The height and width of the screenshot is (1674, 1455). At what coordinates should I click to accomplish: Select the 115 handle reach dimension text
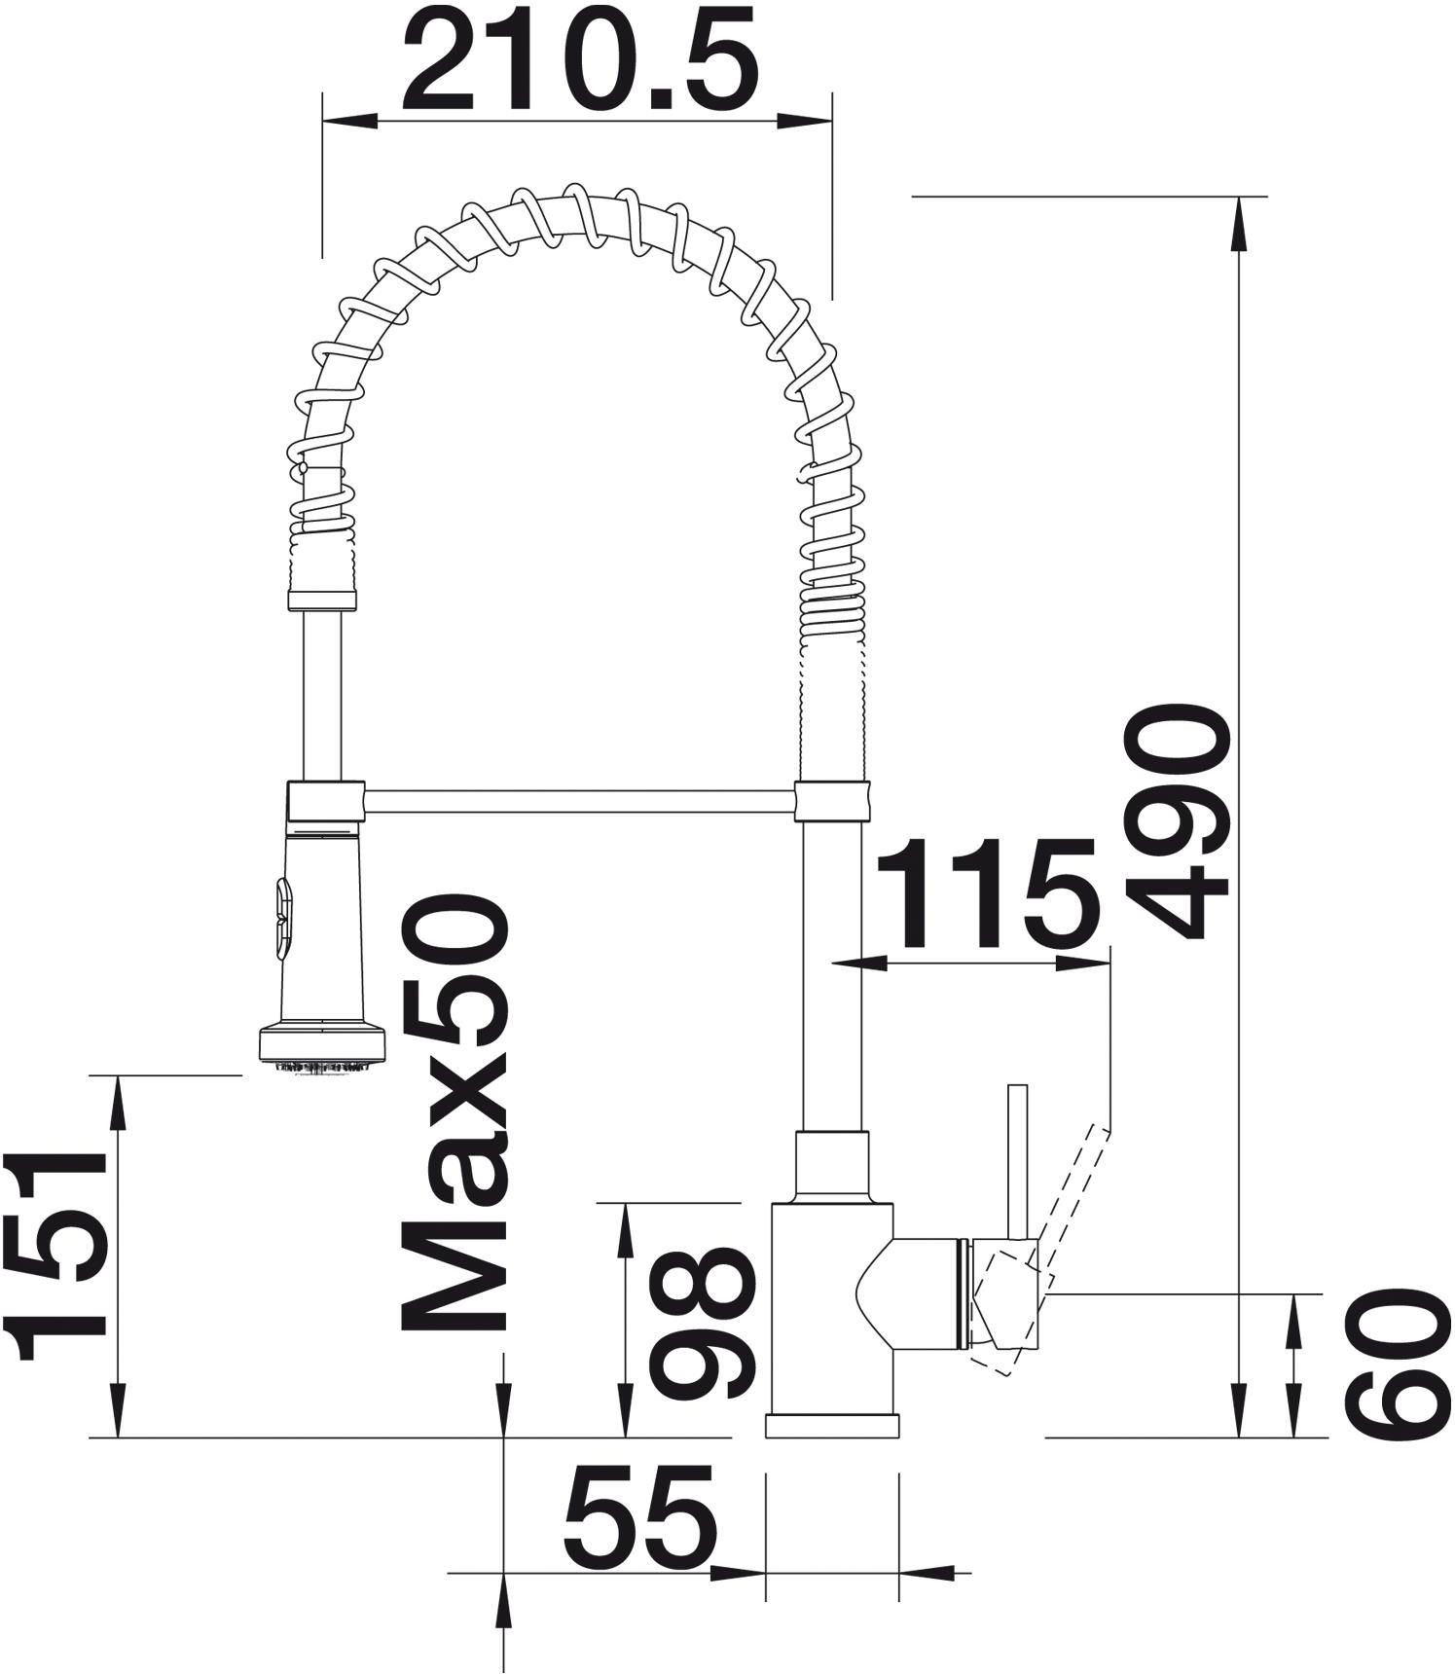[990, 894]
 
